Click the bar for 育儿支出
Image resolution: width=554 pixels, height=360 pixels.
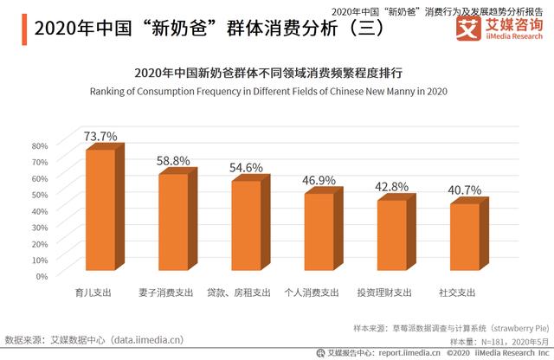click(99, 212)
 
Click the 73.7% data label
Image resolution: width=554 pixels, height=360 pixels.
click(100, 137)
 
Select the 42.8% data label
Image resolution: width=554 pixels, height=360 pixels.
click(393, 186)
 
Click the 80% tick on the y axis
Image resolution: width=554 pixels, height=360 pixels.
click(40, 145)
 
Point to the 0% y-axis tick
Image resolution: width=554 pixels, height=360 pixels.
click(42, 275)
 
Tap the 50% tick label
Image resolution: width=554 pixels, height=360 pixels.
click(40, 194)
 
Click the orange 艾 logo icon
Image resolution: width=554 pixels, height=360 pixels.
click(468, 29)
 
